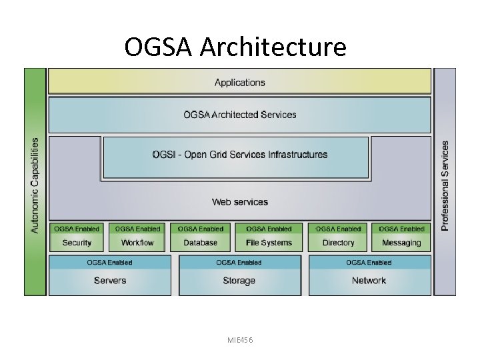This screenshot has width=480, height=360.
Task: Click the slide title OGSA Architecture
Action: tap(235, 47)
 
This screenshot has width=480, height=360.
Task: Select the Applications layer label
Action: tap(239, 83)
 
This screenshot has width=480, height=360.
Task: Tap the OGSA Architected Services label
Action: tap(239, 115)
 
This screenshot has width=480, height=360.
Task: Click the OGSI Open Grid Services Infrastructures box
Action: tap(239, 155)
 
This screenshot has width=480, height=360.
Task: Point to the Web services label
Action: tap(239, 202)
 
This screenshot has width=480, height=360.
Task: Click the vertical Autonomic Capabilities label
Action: tap(35, 185)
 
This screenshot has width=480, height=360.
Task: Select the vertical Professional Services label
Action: tap(445, 185)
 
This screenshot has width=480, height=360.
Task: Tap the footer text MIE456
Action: tap(239, 340)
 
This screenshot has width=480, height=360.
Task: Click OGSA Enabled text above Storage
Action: tap(239, 263)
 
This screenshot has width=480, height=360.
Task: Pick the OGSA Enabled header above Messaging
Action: tap(401, 229)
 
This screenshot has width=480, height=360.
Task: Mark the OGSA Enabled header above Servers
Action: tap(110, 263)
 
